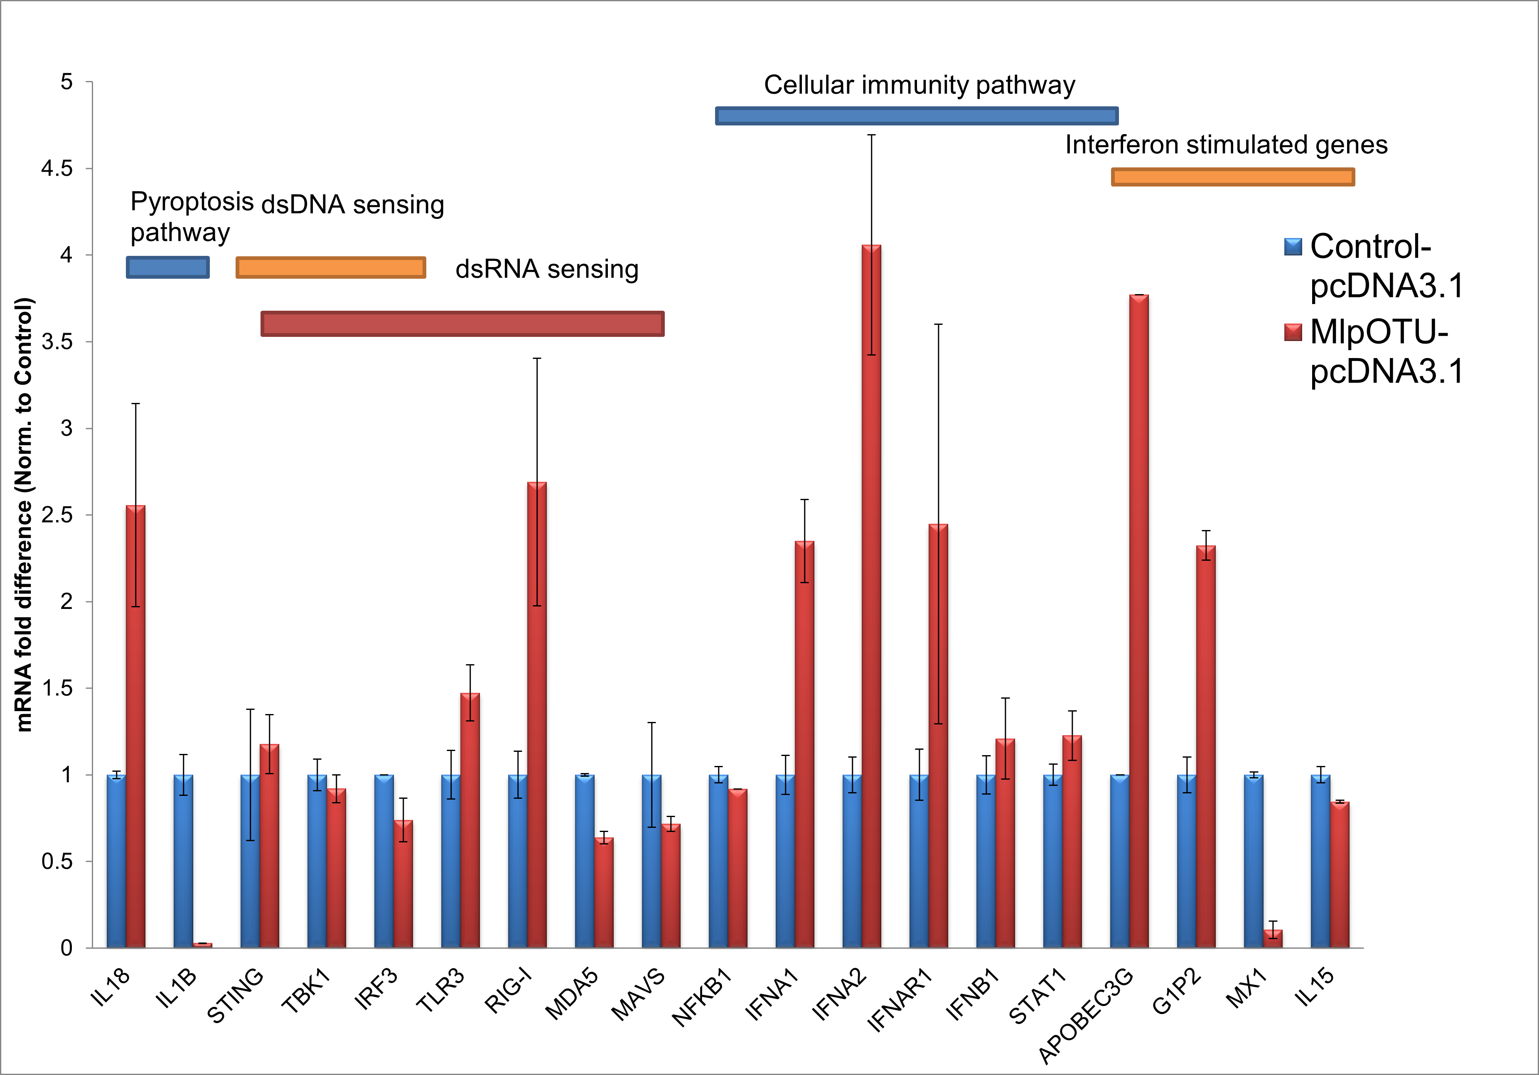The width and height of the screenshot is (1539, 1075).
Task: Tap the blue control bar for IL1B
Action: [183, 861]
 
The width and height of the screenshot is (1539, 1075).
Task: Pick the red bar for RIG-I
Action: [537, 714]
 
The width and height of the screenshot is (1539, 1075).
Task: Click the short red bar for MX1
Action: [1273, 938]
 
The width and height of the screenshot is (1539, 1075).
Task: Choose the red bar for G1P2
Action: [1206, 746]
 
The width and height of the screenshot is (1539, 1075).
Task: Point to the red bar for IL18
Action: [135, 726]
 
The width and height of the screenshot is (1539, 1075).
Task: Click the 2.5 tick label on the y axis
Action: [57, 515]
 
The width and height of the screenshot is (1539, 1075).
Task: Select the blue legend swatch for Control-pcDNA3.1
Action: [1293, 247]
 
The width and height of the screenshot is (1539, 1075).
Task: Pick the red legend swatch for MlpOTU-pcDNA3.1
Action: [1293, 332]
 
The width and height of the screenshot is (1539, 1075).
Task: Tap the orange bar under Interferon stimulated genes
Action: [1233, 177]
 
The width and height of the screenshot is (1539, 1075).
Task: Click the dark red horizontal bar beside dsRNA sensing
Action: [462, 324]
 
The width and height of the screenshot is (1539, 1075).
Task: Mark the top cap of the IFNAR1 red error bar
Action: [939, 324]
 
